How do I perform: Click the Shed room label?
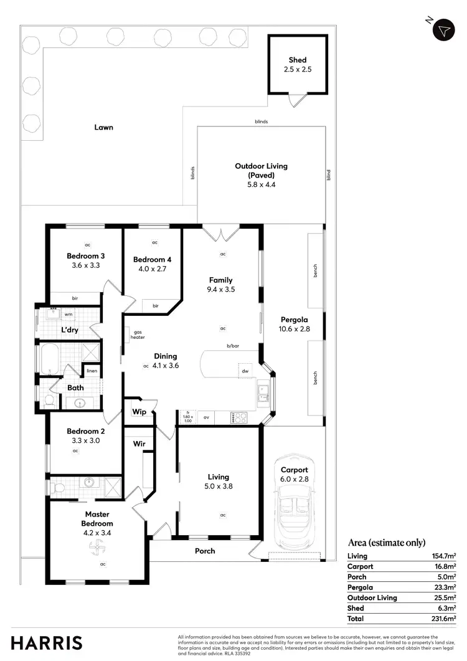pos(298,60)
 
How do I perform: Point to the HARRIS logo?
pos(46,643)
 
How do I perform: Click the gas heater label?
pos(138,335)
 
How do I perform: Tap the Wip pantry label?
pos(139,412)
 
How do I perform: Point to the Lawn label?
pos(103,127)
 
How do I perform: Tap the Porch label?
pos(205,551)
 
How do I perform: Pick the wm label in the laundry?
pos(68,315)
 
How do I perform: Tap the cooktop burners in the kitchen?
pos(239,418)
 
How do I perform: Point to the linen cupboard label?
pos(92,371)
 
